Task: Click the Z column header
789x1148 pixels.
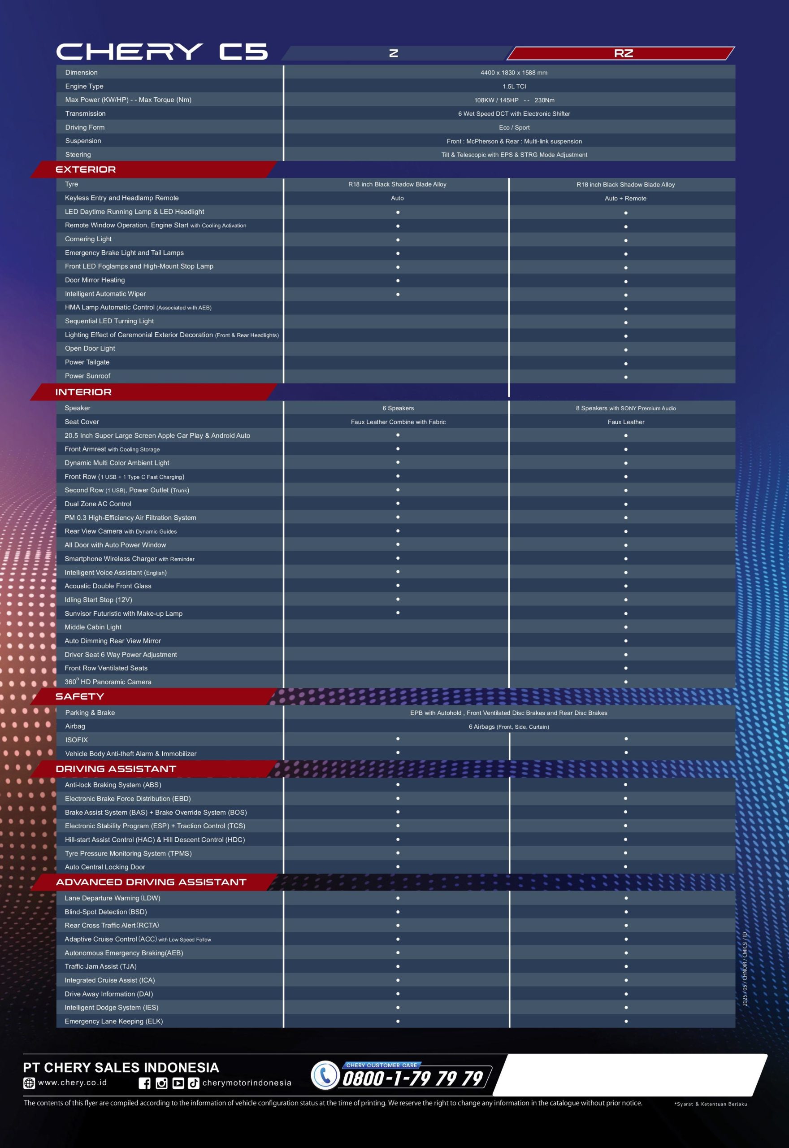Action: click(x=394, y=53)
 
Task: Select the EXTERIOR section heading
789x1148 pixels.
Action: click(x=86, y=169)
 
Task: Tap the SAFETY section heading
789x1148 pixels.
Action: click(x=80, y=696)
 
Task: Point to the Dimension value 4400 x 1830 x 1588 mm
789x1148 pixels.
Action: click(x=514, y=73)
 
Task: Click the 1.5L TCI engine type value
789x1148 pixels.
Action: click(x=514, y=87)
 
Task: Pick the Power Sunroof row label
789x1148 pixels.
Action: click(x=87, y=376)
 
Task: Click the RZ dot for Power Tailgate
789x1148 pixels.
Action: click(x=626, y=363)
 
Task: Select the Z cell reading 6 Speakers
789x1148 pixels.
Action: click(x=398, y=409)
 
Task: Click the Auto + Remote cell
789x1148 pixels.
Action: click(x=625, y=198)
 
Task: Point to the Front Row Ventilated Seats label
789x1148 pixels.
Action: click(x=106, y=668)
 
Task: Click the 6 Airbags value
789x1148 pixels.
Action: click(x=509, y=727)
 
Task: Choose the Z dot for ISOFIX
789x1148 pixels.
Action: click(x=398, y=739)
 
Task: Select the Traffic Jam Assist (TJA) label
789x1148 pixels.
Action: click(x=100, y=966)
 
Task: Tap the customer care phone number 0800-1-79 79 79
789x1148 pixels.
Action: click(x=412, y=1078)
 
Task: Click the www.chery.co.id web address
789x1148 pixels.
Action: click(x=72, y=1082)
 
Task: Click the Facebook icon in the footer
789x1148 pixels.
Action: click(x=144, y=1083)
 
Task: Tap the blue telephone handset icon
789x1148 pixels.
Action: click(x=325, y=1076)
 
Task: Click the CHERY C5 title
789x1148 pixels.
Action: click(x=162, y=52)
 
